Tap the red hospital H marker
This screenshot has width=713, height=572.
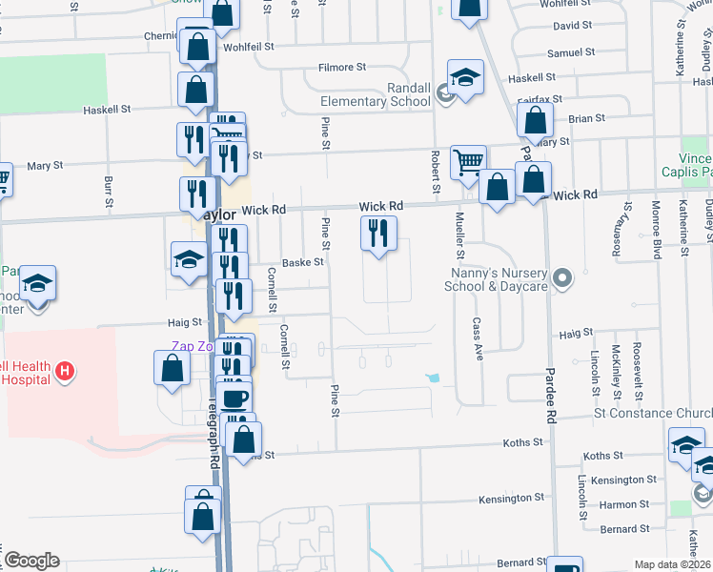[64, 370]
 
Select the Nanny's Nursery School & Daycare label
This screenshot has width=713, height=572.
[501, 277]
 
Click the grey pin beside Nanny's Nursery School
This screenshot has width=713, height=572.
[562, 278]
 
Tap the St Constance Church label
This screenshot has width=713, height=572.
[653, 413]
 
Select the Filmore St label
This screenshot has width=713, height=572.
[342, 68]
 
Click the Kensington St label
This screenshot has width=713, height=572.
[511, 498]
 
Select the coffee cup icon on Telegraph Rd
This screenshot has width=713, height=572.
[234, 396]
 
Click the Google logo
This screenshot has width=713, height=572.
[31, 561]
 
